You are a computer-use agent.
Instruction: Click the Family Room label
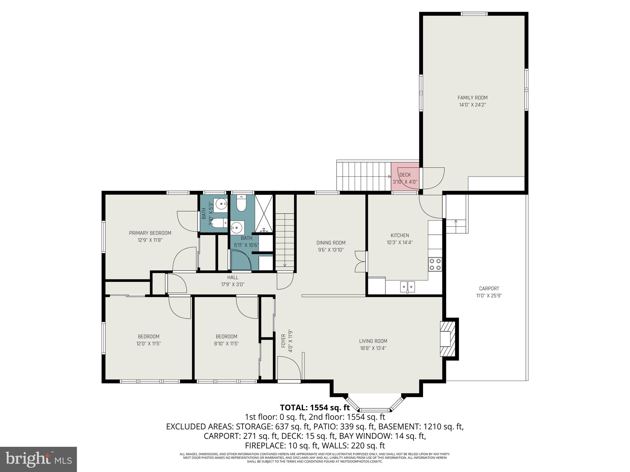[472, 98]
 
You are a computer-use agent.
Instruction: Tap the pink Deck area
[405, 178]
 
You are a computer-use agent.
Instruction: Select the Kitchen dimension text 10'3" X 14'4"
[400, 242]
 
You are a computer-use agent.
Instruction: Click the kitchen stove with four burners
[435, 264]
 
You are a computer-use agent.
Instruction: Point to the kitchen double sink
[407, 287]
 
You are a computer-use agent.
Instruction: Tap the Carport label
[489, 289]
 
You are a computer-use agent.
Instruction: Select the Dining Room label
[331, 243]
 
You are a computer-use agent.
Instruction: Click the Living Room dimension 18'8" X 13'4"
[373, 348]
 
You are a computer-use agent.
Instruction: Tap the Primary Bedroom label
[150, 233]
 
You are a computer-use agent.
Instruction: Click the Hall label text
[233, 277]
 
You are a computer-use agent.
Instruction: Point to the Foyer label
[283, 340]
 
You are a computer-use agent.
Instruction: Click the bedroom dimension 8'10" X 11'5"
[226, 344]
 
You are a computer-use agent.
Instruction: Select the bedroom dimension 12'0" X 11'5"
[149, 344]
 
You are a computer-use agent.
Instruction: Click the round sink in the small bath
[221, 204]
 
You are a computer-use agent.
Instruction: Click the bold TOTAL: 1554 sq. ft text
[315, 408]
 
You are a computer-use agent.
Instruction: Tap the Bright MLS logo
[38, 459]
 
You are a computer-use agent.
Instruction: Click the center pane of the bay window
[375, 410]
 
